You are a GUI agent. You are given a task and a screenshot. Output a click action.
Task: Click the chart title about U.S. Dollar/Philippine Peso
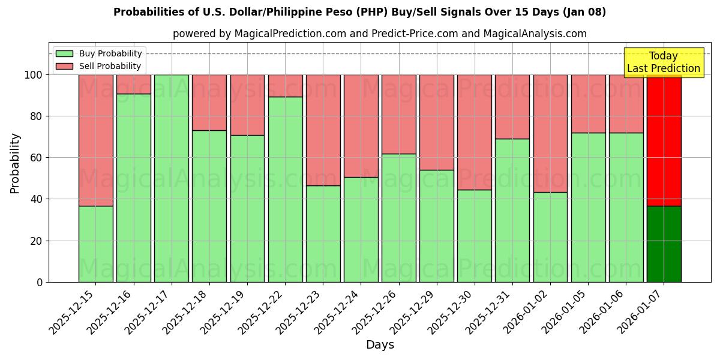click(359, 12)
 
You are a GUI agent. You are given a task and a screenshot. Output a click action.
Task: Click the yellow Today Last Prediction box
click(663, 62)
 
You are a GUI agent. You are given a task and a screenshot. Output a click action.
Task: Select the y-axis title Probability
click(15, 163)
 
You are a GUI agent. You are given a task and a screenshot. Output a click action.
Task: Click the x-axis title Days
click(380, 345)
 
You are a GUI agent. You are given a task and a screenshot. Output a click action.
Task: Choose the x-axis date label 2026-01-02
click(528, 311)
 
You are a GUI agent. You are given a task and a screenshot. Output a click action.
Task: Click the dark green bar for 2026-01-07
click(664, 244)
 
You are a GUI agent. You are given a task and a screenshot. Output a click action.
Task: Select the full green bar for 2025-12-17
click(172, 178)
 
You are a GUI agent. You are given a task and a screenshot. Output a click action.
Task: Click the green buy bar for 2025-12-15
click(95, 244)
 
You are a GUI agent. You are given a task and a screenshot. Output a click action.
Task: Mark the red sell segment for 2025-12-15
click(95, 140)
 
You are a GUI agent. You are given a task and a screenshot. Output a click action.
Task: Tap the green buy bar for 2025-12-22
click(285, 189)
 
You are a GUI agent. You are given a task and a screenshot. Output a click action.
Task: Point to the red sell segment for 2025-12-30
click(474, 132)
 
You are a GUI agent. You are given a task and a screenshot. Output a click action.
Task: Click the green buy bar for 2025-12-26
click(398, 218)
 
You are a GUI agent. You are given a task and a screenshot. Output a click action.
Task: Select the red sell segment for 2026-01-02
click(550, 133)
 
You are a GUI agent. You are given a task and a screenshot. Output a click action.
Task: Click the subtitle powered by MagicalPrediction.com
click(379, 34)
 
